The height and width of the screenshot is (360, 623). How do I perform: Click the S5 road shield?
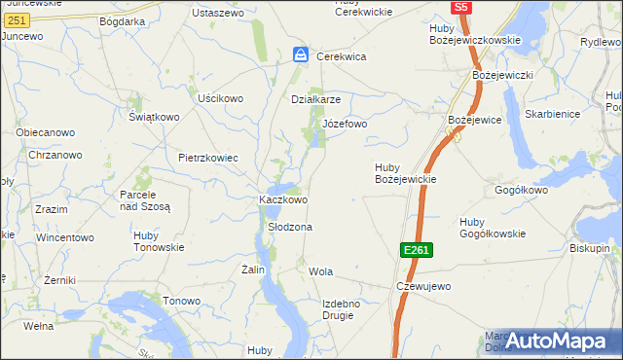[461, 7]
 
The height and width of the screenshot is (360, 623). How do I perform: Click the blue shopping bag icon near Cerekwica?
[302, 55]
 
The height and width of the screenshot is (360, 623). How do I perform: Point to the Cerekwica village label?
[341, 56]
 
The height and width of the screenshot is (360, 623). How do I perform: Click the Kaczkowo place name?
[283, 199]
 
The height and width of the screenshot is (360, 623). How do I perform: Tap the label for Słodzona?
[289, 227]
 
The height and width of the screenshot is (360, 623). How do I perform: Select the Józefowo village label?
[345, 124]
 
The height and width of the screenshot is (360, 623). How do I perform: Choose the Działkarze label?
[316, 99]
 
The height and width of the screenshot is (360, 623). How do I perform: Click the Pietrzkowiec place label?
[208, 157]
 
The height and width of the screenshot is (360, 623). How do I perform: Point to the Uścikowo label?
[220, 98]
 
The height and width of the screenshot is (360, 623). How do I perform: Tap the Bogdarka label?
[122, 20]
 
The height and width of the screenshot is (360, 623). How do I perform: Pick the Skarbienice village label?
[551, 114]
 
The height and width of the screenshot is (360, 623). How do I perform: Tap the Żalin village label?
[253, 270]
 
